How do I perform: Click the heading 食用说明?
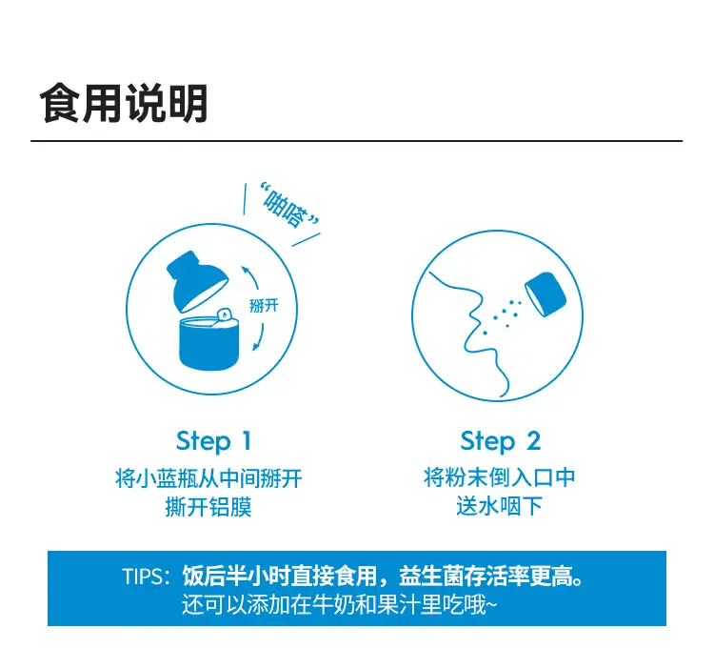[x=124, y=103]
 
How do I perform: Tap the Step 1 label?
[x=213, y=441]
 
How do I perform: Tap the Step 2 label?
[x=501, y=441]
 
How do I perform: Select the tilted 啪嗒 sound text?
[x=288, y=206]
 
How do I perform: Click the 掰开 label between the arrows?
[x=264, y=305]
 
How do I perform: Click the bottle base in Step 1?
[x=209, y=344]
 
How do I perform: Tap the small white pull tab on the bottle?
[x=224, y=314]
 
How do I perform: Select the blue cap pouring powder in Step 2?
[x=545, y=294]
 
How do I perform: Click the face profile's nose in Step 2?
[x=473, y=314]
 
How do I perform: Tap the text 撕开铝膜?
[x=208, y=507]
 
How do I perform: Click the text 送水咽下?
[x=500, y=506]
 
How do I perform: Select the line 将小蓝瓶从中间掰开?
[x=208, y=478]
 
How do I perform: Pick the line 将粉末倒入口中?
[x=500, y=477]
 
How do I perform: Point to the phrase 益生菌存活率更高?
[x=486, y=576]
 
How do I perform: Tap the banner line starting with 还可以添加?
[x=339, y=605]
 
